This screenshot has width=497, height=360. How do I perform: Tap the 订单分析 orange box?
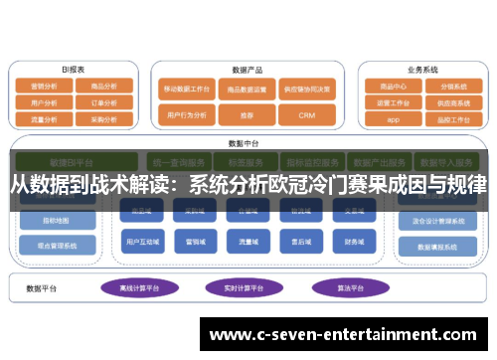[x=103, y=101]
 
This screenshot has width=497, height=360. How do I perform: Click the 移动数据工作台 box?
[x=185, y=89]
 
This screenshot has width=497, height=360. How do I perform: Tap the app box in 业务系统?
[x=393, y=118]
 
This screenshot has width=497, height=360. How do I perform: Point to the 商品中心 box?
[x=393, y=87]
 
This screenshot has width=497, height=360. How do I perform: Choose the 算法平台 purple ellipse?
[x=337, y=286]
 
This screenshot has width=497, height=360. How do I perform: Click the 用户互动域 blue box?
[x=145, y=242]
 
